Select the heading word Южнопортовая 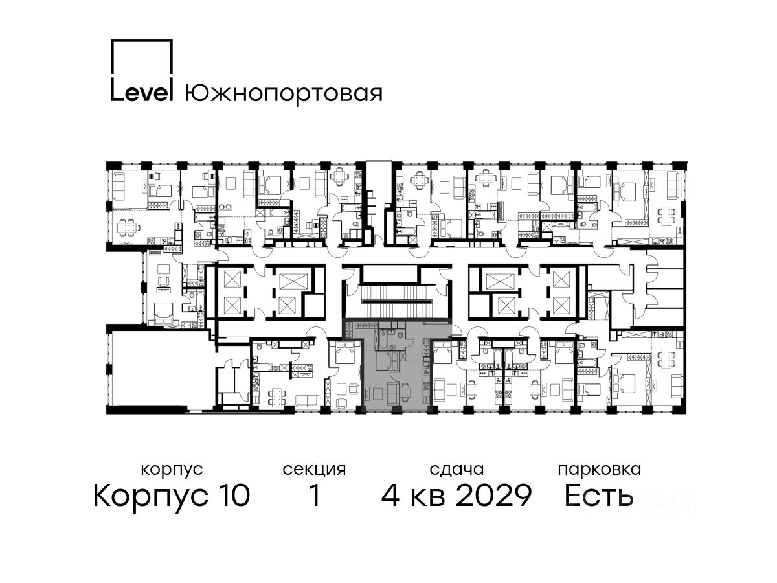[x=284, y=93]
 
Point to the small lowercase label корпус [x=172, y=470]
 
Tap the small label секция [x=314, y=470]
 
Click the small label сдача [x=456, y=470]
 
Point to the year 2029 [x=494, y=495]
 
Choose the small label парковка [x=600, y=470]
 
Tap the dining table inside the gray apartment [x=405, y=391]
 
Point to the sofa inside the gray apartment [x=392, y=393]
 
